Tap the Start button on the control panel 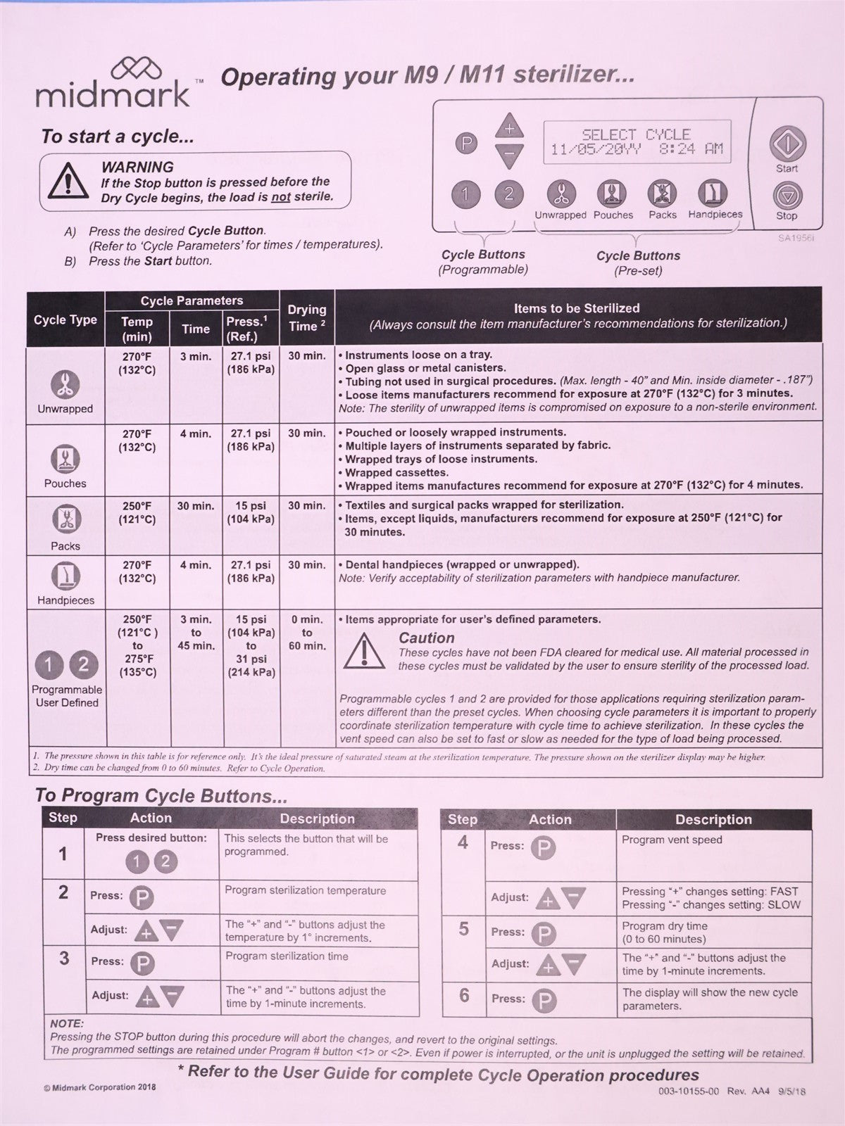[x=787, y=144]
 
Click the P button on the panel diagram [x=465, y=144]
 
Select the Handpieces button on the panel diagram [x=713, y=193]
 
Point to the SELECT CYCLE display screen [x=637, y=141]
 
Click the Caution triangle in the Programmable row [x=363, y=650]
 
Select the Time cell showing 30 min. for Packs [x=196, y=506]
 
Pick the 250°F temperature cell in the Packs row [x=137, y=513]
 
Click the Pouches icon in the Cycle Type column [x=65, y=460]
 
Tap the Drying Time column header [x=307, y=317]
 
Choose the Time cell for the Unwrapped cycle [x=196, y=357]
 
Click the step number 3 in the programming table [x=64, y=959]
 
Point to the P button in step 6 [x=543, y=1000]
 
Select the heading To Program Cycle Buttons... [x=161, y=796]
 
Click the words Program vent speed [x=672, y=840]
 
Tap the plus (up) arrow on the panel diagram [x=510, y=128]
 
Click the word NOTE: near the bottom [x=67, y=1023]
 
